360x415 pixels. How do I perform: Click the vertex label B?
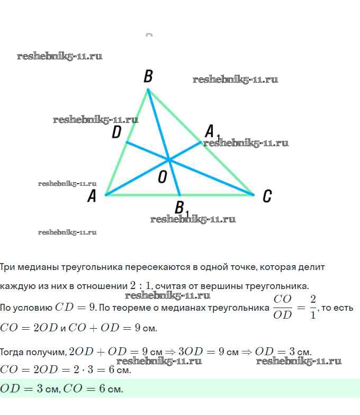pyautogui.click(x=148, y=77)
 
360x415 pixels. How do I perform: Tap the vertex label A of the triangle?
pyautogui.click(x=92, y=197)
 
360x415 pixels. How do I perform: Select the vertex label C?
pyautogui.click(x=267, y=196)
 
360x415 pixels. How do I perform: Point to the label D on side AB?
pyautogui.click(x=116, y=132)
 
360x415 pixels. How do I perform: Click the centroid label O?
pyautogui.click(x=163, y=178)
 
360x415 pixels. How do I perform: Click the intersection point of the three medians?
pyautogui.click(x=169, y=159)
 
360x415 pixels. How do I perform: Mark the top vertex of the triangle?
pyautogui.click(x=148, y=89)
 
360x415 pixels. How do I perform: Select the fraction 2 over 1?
pyautogui.click(x=312, y=307)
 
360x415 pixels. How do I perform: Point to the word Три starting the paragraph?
pyautogui.click(x=8, y=267)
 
